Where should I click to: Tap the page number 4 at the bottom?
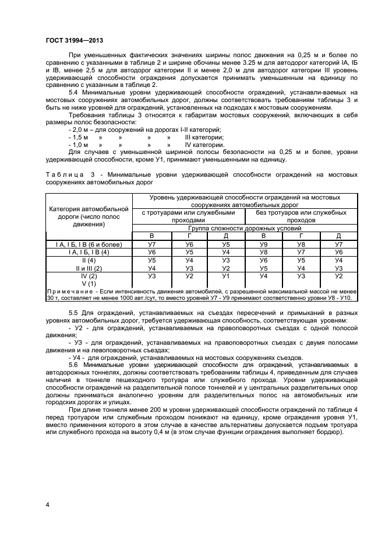(x=47, y=503)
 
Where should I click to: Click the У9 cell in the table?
(x=263, y=244)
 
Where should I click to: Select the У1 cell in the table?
(x=226, y=276)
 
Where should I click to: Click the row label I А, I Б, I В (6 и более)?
(x=89, y=244)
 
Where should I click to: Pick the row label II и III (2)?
(x=89, y=268)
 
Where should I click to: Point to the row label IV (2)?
(x=89, y=276)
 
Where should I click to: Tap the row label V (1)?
(x=89, y=283)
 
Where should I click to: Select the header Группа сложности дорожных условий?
(x=244, y=228)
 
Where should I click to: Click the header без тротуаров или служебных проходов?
(x=301, y=216)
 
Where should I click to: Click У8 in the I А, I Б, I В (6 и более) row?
(x=301, y=244)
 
